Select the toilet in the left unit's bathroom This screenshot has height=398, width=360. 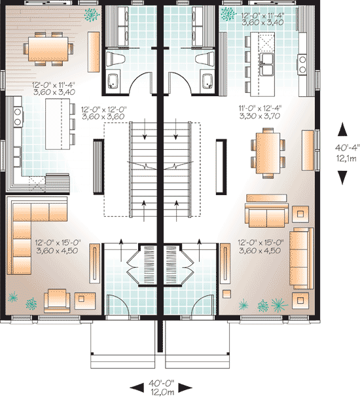coord(115,59)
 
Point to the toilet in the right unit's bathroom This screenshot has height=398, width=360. coord(205,59)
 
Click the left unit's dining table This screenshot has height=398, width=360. coord(48,49)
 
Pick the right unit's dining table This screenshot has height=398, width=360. coord(268,153)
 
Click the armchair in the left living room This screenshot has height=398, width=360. coord(57,300)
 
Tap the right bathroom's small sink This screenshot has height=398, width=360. coord(207,81)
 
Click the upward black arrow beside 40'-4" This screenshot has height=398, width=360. coord(342,130)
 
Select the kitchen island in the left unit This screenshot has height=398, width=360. coord(58,124)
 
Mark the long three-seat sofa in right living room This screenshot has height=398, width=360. coord(302,258)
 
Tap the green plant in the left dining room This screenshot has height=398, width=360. coord(92,14)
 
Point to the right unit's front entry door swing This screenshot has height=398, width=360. coord(203,304)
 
